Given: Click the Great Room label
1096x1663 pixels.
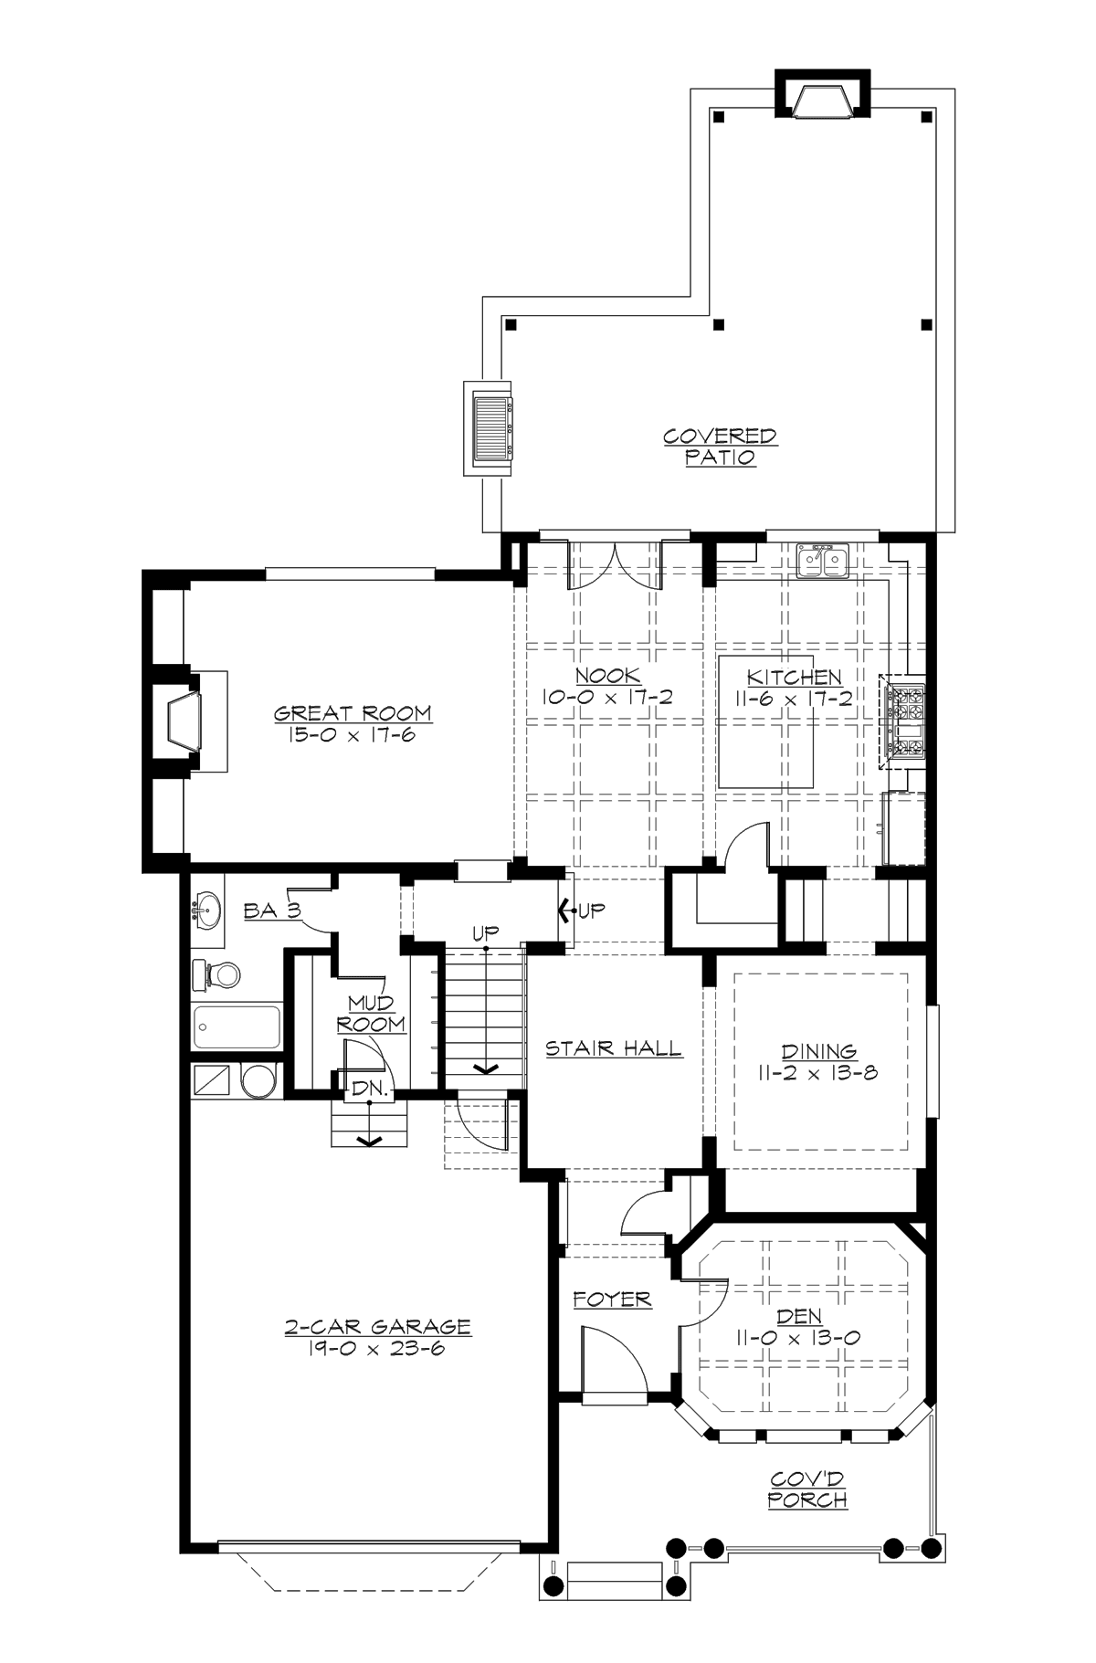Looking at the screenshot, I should [x=353, y=713].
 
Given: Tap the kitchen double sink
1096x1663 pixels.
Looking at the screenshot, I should [x=823, y=561].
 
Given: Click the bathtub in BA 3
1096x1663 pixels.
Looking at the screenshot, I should [x=237, y=1028].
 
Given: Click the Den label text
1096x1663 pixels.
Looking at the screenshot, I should [x=799, y=1317].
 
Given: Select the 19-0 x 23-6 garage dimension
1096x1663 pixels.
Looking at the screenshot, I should [x=376, y=1348].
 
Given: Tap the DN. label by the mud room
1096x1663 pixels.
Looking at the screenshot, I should [x=371, y=1089].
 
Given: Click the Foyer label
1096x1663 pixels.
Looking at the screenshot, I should [x=612, y=1299].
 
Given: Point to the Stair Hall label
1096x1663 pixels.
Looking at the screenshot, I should [x=614, y=1048].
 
